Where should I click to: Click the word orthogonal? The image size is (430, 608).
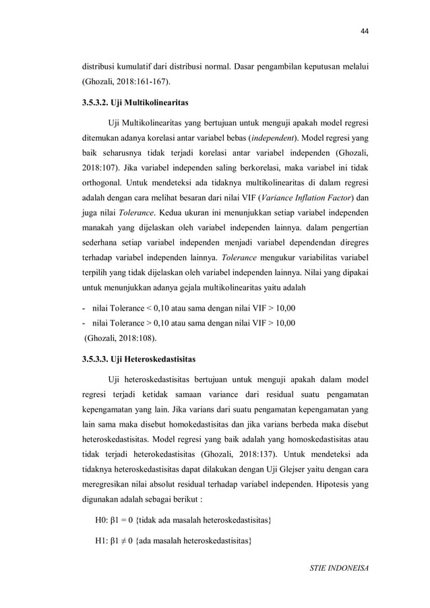tap(104, 182)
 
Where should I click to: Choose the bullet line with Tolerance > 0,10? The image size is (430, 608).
tap(189, 323)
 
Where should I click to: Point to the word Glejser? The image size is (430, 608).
tap(291, 464)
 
